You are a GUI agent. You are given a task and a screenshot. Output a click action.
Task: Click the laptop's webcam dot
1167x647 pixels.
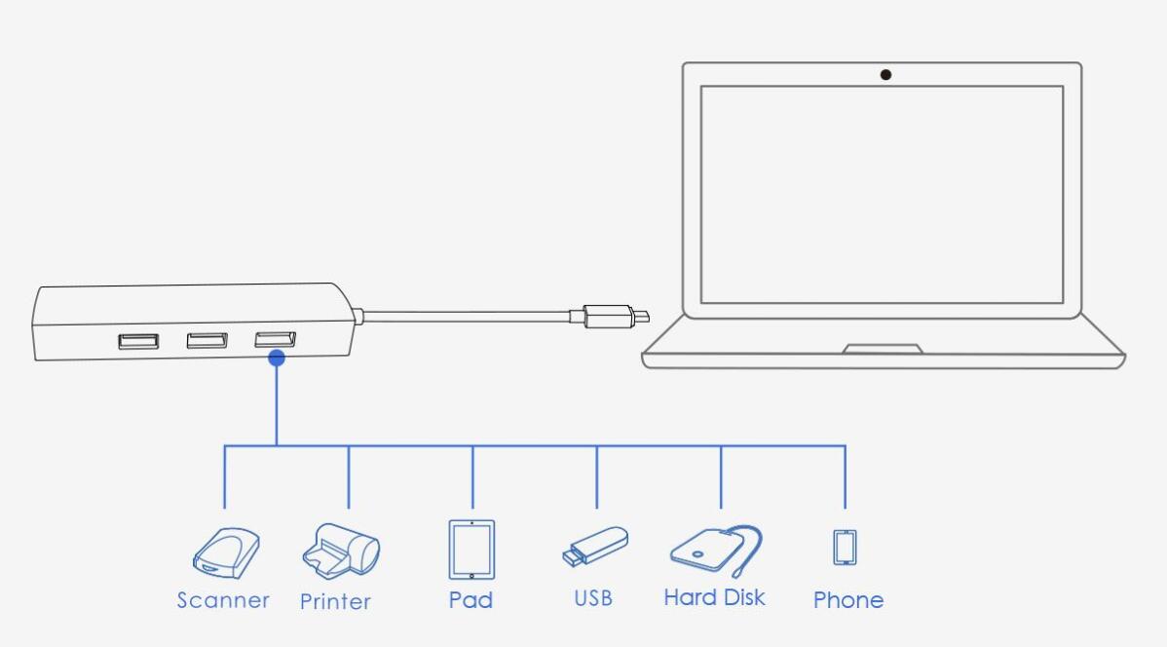click(x=885, y=75)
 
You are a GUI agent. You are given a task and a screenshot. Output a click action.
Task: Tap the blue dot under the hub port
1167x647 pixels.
click(x=277, y=359)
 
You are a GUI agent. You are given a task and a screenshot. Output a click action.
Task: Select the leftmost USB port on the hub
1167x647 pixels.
click(x=138, y=341)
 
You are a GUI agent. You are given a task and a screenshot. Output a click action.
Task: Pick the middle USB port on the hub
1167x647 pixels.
click(x=207, y=340)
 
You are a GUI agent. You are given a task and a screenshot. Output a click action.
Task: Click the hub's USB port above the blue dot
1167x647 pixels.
click(x=275, y=339)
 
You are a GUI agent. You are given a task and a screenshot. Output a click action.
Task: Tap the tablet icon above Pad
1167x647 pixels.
click(x=471, y=550)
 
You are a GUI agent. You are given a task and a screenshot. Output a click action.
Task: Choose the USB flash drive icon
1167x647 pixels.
click(x=595, y=547)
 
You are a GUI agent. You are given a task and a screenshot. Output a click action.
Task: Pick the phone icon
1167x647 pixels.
click(x=845, y=547)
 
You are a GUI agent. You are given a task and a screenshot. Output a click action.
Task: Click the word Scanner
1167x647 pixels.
click(x=223, y=600)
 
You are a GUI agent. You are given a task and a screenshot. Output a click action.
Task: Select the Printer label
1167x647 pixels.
click(x=335, y=601)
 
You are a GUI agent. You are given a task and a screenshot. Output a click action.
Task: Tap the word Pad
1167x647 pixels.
click(x=471, y=599)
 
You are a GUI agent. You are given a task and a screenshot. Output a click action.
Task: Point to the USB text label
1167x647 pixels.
click(x=593, y=597)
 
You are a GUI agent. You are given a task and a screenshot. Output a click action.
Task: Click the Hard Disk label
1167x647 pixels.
click(x=714, y=597)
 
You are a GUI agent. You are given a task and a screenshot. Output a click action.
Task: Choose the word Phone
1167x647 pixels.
click(x=847, y=599)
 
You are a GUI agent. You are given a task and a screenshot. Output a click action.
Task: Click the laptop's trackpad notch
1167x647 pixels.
click(x=883, y=348)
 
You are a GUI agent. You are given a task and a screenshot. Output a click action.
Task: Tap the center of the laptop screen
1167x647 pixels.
click(x=882, y=195)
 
